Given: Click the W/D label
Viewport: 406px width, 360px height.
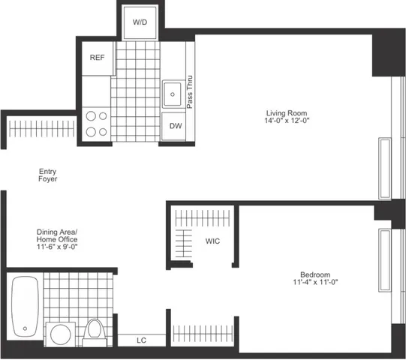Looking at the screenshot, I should point(140,23).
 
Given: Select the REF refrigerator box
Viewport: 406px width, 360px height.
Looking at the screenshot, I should point(97,58).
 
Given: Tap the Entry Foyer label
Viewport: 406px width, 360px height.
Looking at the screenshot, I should point(48,175).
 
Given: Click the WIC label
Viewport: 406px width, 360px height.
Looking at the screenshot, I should point(212,241).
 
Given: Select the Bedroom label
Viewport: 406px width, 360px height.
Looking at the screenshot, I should point(311,274).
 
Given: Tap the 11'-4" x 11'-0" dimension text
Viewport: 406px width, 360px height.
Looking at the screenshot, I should point(311,283).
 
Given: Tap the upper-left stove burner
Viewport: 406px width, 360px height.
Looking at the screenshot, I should point(93,115).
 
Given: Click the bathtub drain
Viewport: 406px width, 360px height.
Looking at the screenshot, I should point(26,328).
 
